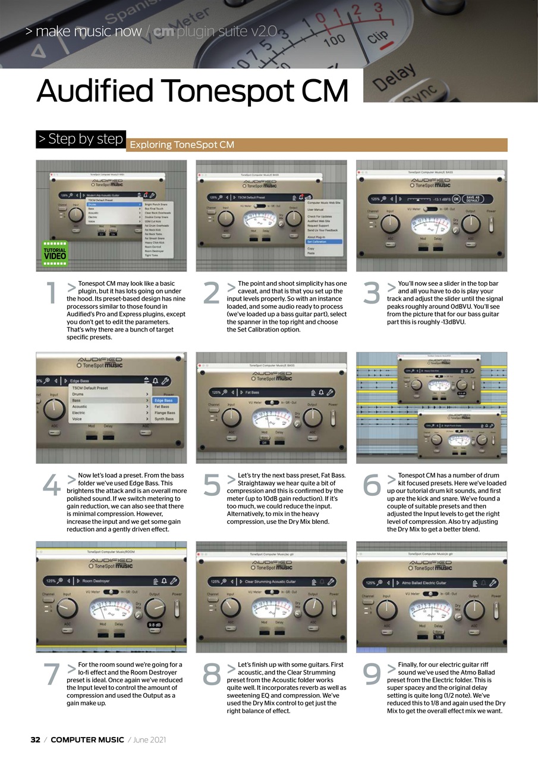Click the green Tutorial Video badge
point(55,254)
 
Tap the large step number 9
point(372,674)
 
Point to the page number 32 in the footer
point(36,740)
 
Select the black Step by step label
point(81,139)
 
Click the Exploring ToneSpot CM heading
point(182,145)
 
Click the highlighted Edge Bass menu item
point(163,401)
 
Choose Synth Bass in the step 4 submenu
point(164,419)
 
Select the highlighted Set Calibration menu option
point(317,242)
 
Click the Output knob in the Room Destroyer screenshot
point(155,608)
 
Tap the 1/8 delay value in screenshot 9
point(438,636)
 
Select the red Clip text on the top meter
point(378,37)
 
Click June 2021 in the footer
point(149,740)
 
